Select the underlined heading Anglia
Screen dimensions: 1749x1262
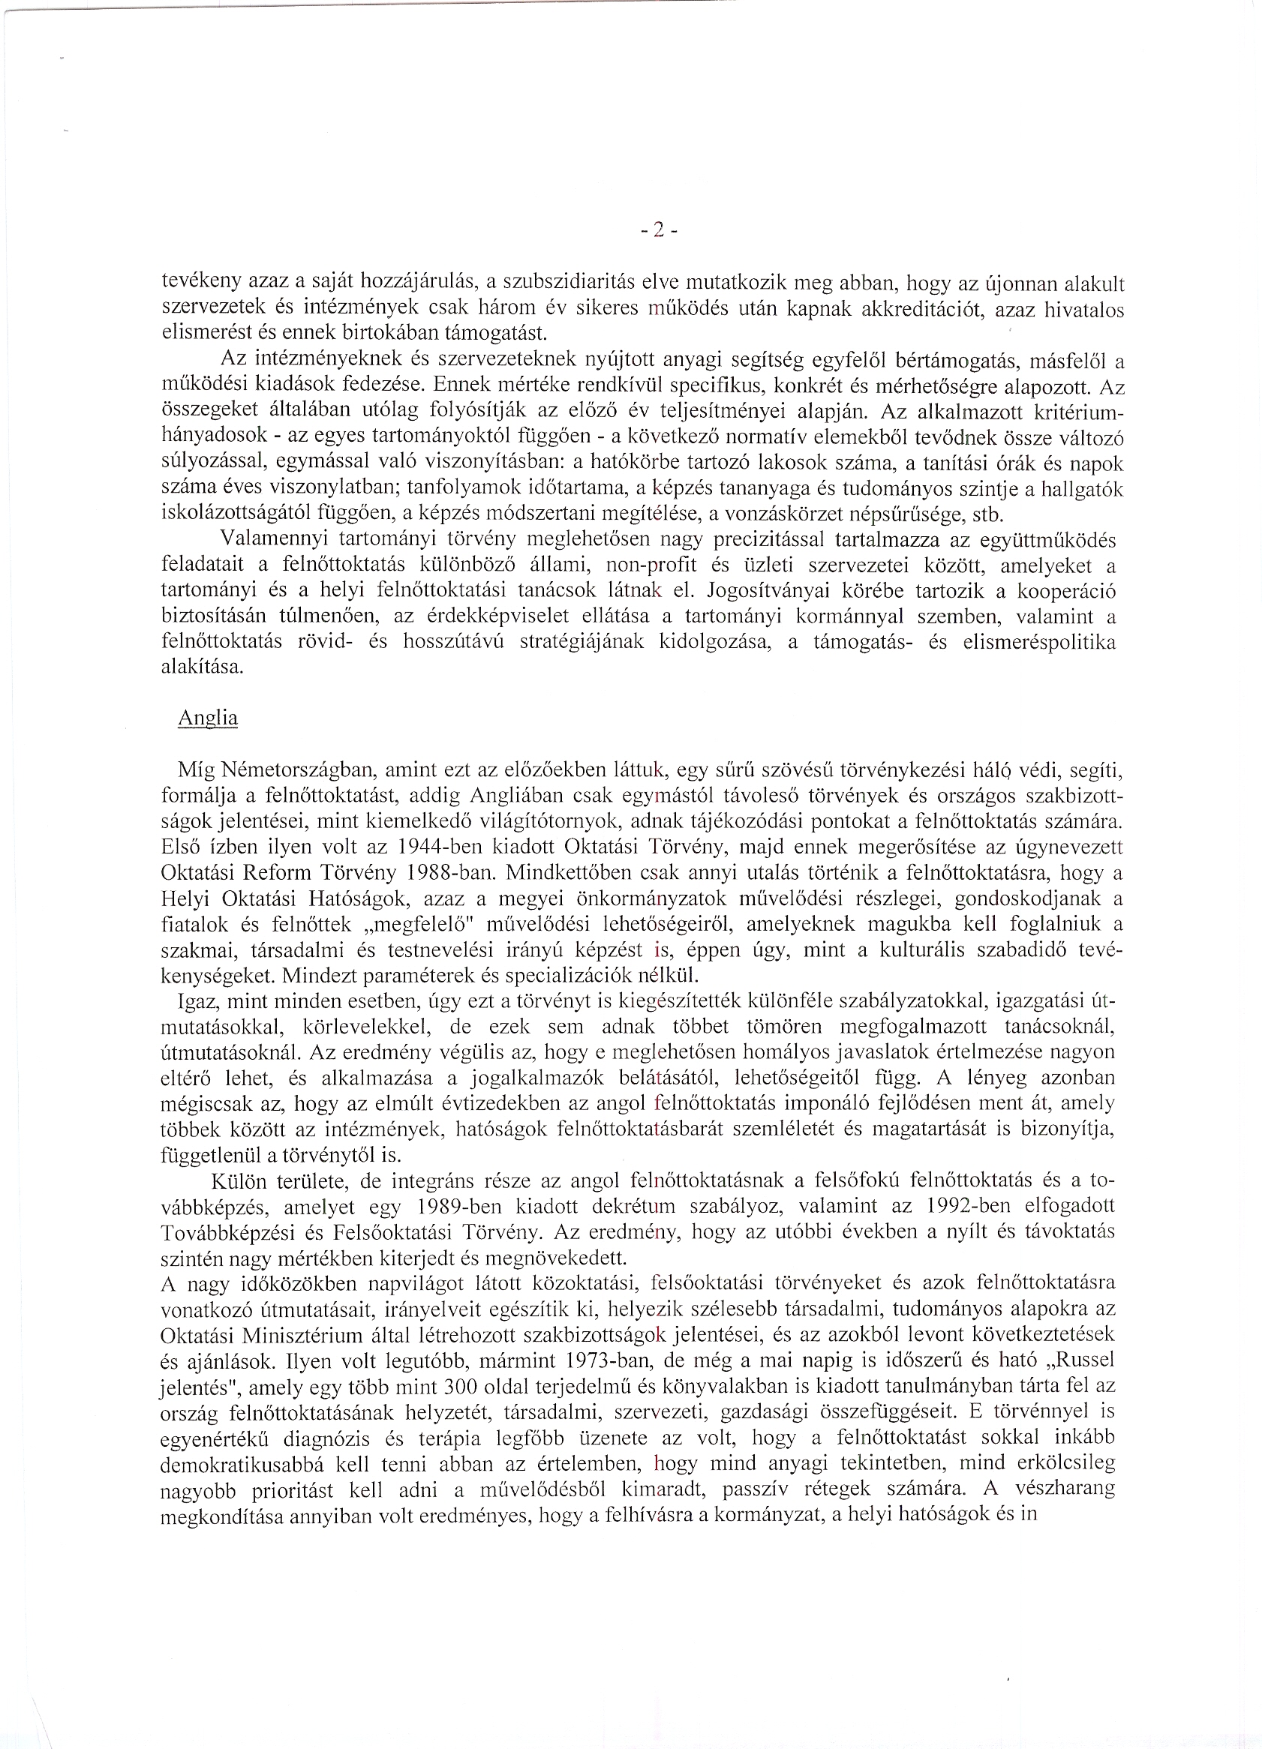point(208,718)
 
